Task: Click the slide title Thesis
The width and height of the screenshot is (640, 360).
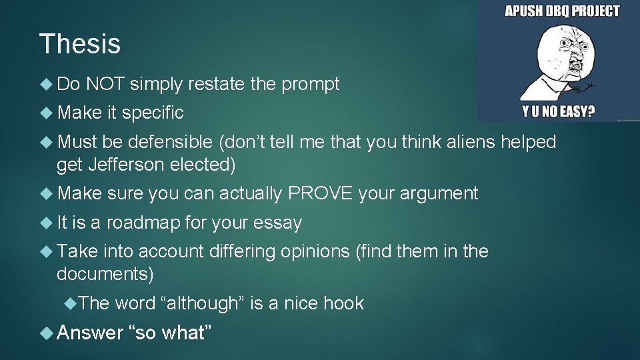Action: [x=80, y=44]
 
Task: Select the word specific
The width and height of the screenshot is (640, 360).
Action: [x=153, y=113]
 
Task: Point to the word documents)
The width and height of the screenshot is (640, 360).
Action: [x=105, y=274]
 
